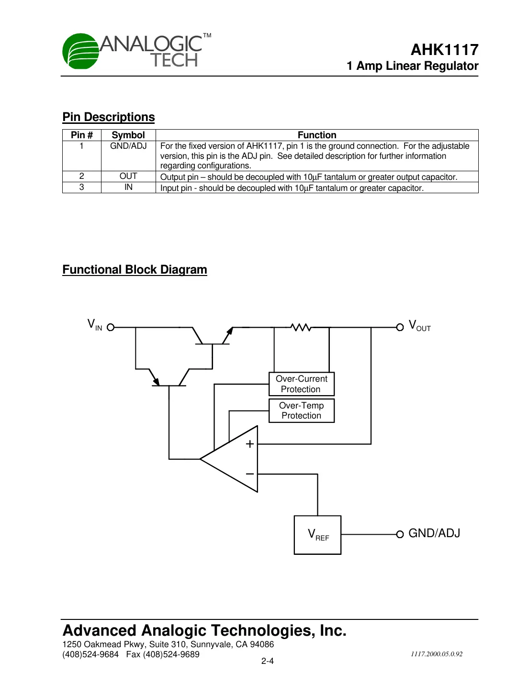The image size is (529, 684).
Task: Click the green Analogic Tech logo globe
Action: (80, 51)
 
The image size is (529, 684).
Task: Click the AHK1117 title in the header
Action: (444, 50)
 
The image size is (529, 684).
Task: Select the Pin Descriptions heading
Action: (109, 117)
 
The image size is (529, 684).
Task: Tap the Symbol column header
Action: (128, 135)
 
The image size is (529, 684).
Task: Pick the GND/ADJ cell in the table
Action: (128, 146)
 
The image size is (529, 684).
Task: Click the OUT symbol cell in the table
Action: (128, 176)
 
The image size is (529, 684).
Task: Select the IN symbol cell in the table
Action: (128, 187)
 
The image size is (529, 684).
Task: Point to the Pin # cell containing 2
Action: (81, 176)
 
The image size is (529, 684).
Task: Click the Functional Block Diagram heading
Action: (135, 270)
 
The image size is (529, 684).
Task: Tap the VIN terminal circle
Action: (111, 327)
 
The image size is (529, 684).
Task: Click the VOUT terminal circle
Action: (400, 327)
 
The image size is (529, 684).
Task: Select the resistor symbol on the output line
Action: (301, 327)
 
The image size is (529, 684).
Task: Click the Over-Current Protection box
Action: (302, 384)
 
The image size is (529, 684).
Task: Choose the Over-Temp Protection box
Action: (302, 410)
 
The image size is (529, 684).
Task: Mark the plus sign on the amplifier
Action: (249, 444)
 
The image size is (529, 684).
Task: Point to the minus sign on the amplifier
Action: (249, 474)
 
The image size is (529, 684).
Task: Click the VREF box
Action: (317, 535)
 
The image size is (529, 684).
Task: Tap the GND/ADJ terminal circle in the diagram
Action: (400, 534)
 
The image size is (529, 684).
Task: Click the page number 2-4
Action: (267, 661)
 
